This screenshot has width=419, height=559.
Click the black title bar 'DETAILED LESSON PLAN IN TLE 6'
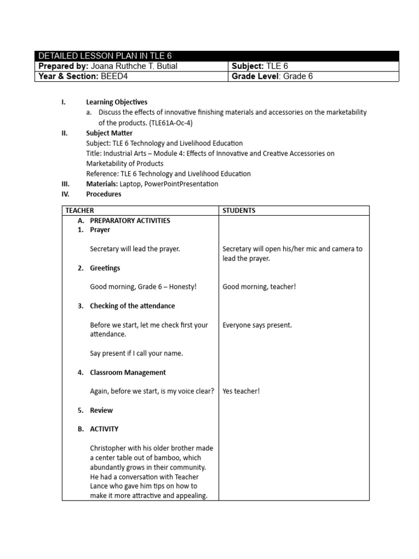[x=217, y=56]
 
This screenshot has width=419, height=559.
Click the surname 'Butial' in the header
[x=165, y=67]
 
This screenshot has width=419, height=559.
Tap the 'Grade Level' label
[x=255, y=76]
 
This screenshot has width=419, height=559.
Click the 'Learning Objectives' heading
[x=116, y=102]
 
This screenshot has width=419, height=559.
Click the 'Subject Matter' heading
[x=109, y=133]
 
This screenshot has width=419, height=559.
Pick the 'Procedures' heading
[x=104, y=194]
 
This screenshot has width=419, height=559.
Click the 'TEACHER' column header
[x=80, y=211]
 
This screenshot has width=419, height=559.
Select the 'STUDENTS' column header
[x=239, y=211]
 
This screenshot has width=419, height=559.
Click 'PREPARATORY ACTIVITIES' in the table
[x=130, y=221]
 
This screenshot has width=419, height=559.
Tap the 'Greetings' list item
[x=105, y=268]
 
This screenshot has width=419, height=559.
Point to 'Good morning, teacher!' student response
[x=259, y=287]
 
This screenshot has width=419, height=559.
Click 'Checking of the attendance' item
[x=132, y=306]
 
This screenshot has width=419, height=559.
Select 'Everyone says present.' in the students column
[x=257, y=325]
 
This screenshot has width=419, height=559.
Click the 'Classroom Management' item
[x=128, y=372]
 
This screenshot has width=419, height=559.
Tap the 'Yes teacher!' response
[x=241, y=391]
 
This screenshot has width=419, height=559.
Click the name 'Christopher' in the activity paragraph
[x=109, y=448]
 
